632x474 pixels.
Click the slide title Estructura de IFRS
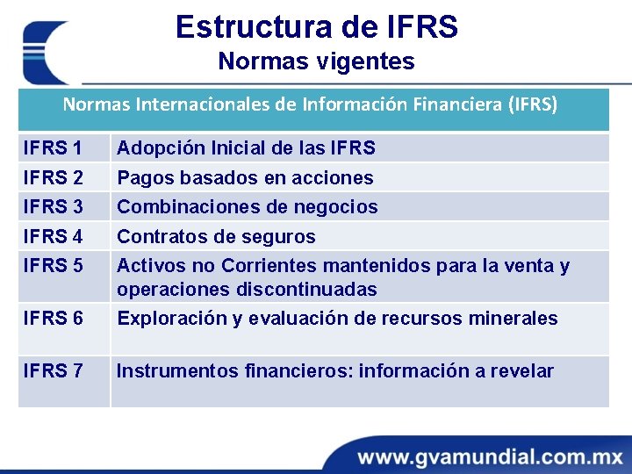coord(316,27)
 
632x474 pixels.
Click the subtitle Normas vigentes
coord(316,62)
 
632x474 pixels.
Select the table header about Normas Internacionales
coord(309,104)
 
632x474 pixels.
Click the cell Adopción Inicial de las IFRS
coord(246,148)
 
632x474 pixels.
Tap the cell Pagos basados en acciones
coord(245,178)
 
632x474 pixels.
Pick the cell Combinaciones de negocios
coord(248,207)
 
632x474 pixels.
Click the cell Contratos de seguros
coord(216,237)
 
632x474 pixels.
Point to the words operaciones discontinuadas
coord(247,290)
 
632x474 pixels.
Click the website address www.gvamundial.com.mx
coord(489,456)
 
